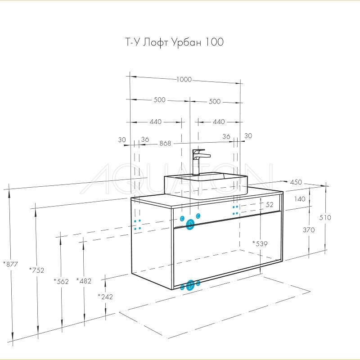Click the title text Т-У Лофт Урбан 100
coord(174,43)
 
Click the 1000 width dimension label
coord(184,80)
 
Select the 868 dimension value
coord(165,144)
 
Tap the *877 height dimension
coord(10,264)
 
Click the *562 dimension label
coord(61,282)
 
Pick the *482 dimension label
coord(84,281)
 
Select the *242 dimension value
coord(105,297)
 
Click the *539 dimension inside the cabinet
coord(260,243)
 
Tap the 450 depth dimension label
coord(296,182)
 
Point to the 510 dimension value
coord(324,217)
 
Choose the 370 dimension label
coord(309,229)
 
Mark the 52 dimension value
coord(270,204)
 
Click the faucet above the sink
coord(198,161)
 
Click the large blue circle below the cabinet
coord(190,284)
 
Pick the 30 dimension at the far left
coord(122,139)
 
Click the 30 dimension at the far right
coord(248,136)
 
